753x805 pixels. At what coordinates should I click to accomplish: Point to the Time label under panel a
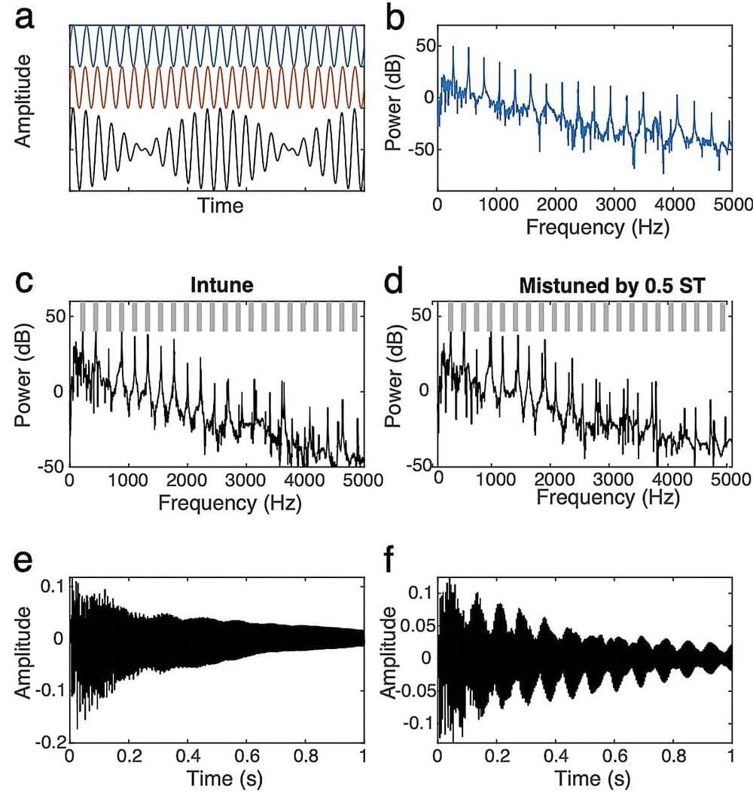pos(220,204)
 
